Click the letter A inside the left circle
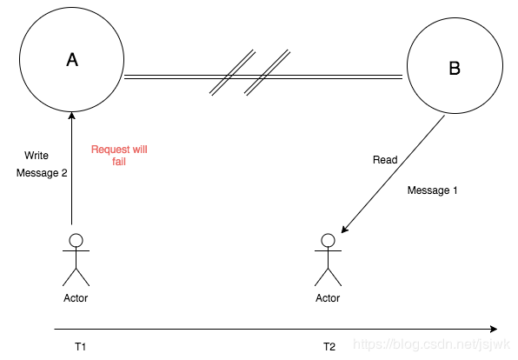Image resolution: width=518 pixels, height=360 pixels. click(x=72, y=60)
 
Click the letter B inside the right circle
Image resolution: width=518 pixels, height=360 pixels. click(x=455, y=68)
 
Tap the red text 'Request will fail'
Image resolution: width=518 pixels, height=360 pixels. click(x=119, y=155)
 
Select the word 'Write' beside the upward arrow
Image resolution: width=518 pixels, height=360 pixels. click(x=37, y=156)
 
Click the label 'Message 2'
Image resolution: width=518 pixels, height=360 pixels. click(x=42, y=172)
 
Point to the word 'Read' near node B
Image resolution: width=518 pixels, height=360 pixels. click(x=385, y=160)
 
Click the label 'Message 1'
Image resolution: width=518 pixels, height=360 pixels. click(x=432, y=190)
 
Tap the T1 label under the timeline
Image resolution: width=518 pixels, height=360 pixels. click(x=80, y=346)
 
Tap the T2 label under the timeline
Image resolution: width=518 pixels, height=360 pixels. click(x=329, y=346)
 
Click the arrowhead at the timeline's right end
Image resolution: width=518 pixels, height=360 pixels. click(x=494, y=329)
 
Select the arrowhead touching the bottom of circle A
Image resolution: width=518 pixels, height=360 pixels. click(x=71, y=116)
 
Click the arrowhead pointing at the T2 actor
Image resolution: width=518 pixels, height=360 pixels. click(x=344, y=229)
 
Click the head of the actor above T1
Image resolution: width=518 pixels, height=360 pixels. click(x=76, y=240)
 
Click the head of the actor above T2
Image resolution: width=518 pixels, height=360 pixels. click(x=328, y=240)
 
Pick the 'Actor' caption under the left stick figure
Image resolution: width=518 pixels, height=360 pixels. click(x=76, y=298)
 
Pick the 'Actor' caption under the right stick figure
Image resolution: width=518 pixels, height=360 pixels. click(x=328, y=298)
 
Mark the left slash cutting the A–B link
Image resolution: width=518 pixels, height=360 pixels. click(x=233, y=73)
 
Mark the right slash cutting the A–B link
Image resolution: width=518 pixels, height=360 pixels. click(x=268, y=73)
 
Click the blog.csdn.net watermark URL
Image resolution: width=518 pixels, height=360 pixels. click(x=431, y=344)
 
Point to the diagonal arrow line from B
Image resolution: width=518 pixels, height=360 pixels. click(x=393, y=174)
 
